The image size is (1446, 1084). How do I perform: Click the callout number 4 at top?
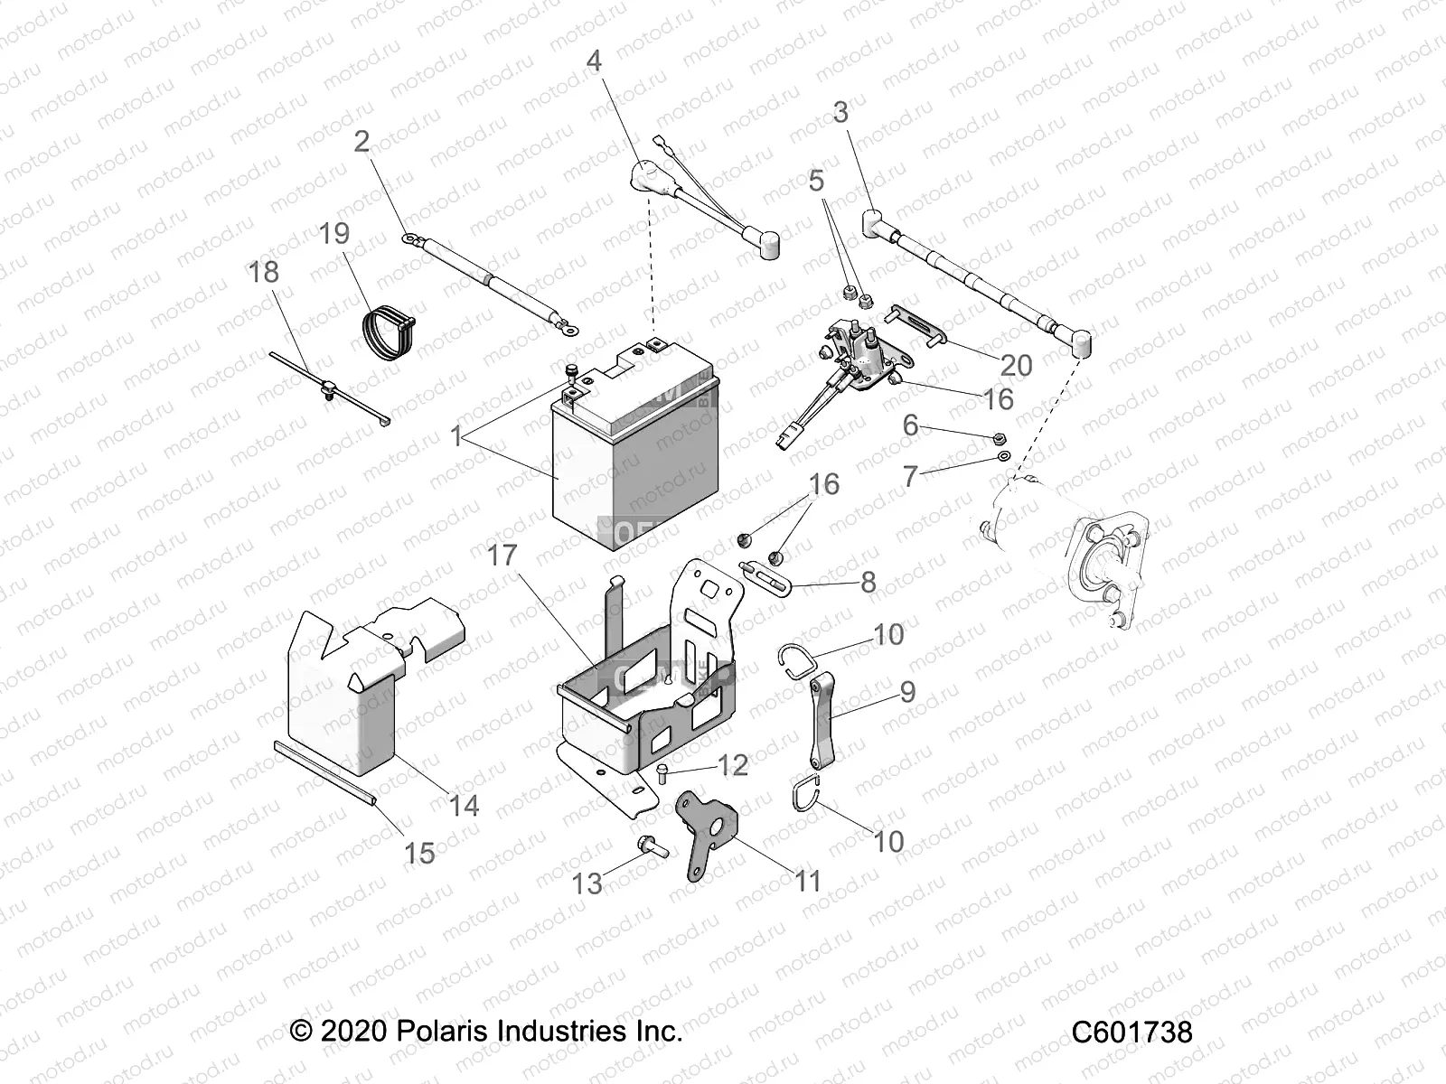click(x=594, y=61)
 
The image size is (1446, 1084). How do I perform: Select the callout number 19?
click(x=334, y=233)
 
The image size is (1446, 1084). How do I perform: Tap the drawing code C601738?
click(x=1131, y=1033)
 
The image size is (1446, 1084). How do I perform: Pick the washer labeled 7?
click(x=1003, y=457)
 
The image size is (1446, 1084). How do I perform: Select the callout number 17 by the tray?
click(x=502, y=555)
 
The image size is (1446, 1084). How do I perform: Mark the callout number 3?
click(x=840, y=113)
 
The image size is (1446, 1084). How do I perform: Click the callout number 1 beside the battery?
click(x=456, y=438)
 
